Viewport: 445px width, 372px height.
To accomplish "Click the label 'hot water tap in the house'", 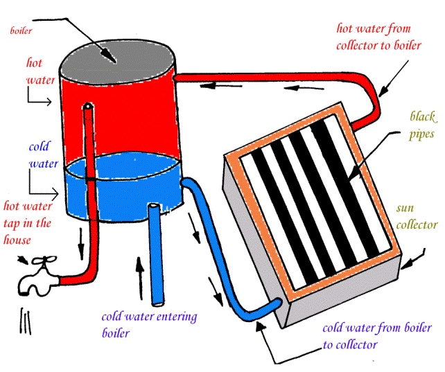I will (x=28, y=222).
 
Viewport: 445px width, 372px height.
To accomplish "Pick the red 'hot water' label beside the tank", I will (x=35, y=71).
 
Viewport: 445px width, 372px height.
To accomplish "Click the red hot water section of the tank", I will (x=132, y=118).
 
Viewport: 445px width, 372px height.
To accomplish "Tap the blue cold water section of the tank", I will (x=132, y=184).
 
